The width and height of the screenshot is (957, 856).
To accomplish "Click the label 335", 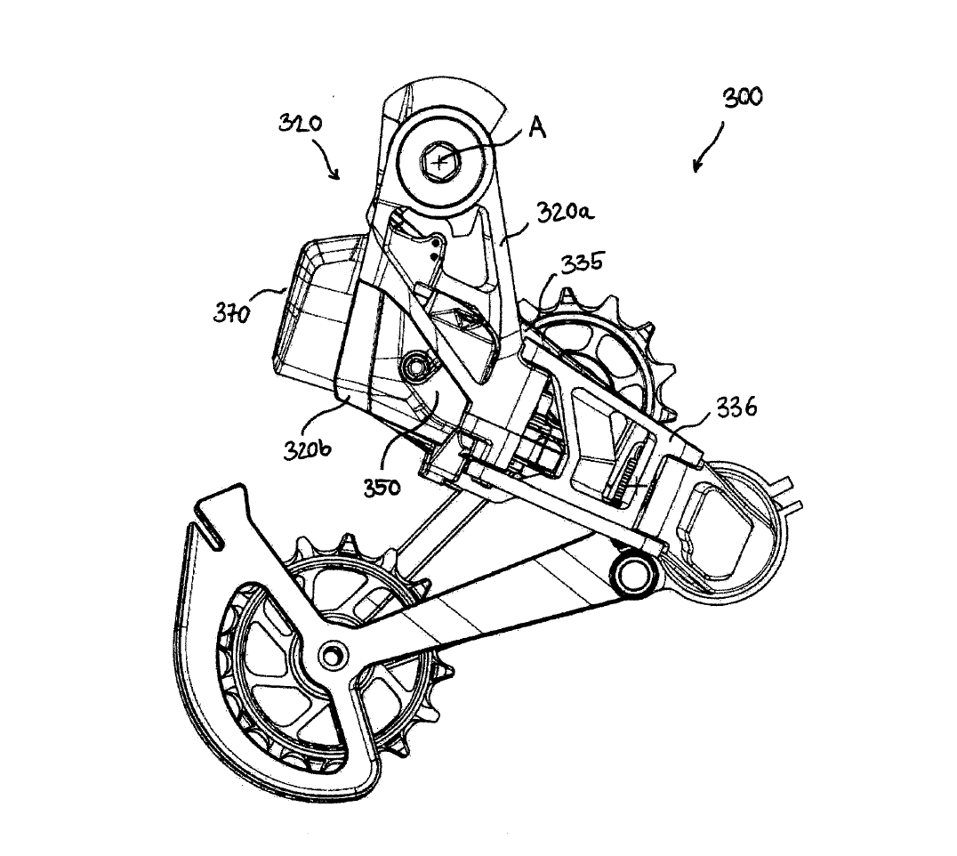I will (583, 263).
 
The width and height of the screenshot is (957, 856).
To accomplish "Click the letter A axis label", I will (536, 128).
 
